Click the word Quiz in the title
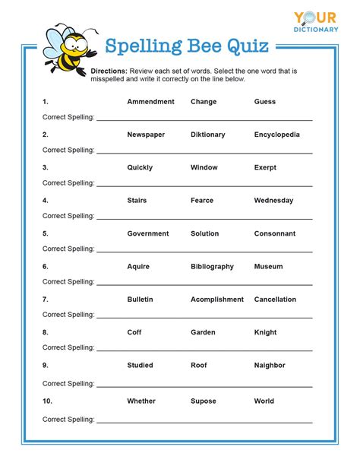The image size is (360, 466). (245, 47)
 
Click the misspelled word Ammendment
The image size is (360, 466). (150, 102)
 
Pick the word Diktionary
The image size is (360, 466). (207, 135)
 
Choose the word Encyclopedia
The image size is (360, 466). (276, 135)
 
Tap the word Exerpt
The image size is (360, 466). (267, 167)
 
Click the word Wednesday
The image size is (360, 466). (273, 201)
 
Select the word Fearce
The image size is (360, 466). (202, 201)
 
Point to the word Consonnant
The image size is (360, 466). (275, 233)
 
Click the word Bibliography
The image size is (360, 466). (212, 267)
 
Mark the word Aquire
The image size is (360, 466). (138, 267)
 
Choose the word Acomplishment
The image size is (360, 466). (217, 300)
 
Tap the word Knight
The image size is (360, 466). (267, 332)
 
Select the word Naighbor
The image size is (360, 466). (270, 365)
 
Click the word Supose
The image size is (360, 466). (204, 401)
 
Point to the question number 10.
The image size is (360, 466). (46, 401)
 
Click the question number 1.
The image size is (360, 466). (46, 102)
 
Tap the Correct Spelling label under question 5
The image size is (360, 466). (68, 249)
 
